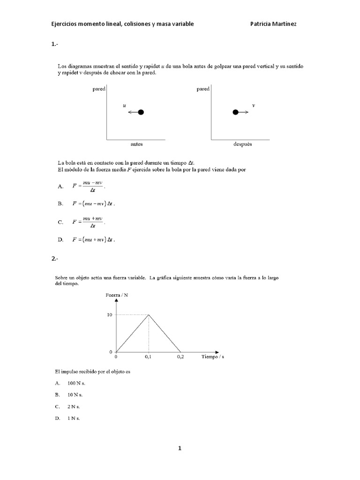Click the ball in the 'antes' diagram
[141, 112]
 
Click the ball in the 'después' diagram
[236, 112]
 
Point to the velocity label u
[124, 106]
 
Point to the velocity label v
[254, 105]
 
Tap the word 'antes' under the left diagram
[136, 144]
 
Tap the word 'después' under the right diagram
[242, 144]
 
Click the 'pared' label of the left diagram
[99, 89]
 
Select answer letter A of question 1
[60, 187]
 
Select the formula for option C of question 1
[89, 222]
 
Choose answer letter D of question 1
[60, 240]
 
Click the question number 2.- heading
[54, 258]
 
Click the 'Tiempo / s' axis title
[212, 357]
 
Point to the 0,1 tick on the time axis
[148, 357]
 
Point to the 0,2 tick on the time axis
[180, 357]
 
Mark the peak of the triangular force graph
[149, 315]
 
